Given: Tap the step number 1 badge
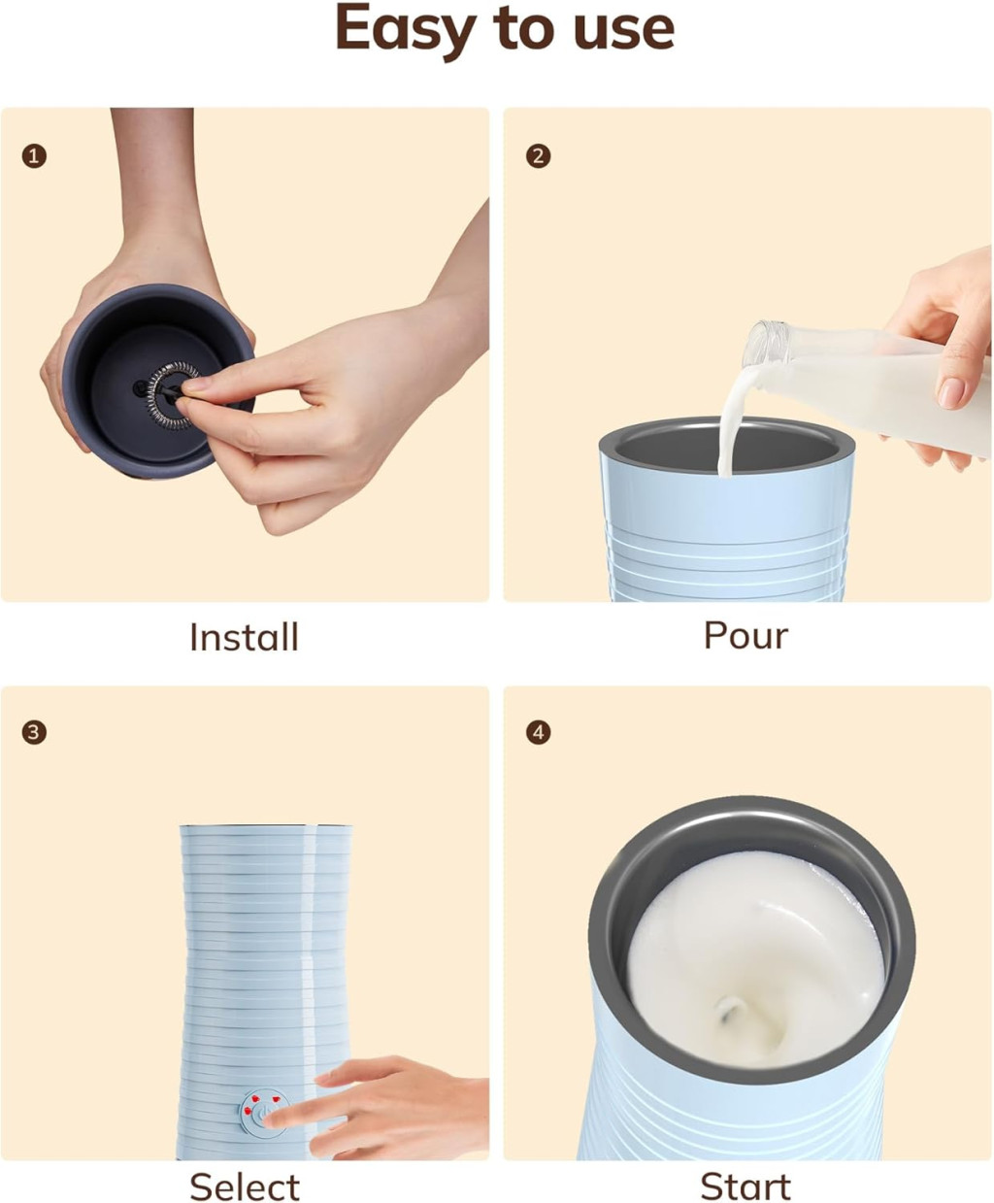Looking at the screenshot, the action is (x=34, y=156).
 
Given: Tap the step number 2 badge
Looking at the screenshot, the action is (x=538, y=156).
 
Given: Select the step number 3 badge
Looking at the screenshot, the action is (x=34, y=733).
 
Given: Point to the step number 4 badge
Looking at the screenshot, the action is (x=538, y=733).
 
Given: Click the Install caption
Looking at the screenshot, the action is (x=245, y=637).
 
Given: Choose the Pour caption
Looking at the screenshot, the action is (x=745, y=636).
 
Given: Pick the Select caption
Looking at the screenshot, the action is (x=245, y=1186).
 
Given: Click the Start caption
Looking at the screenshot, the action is (x=745, y=1186).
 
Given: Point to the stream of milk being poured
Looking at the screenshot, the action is (x=733, y=423).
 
